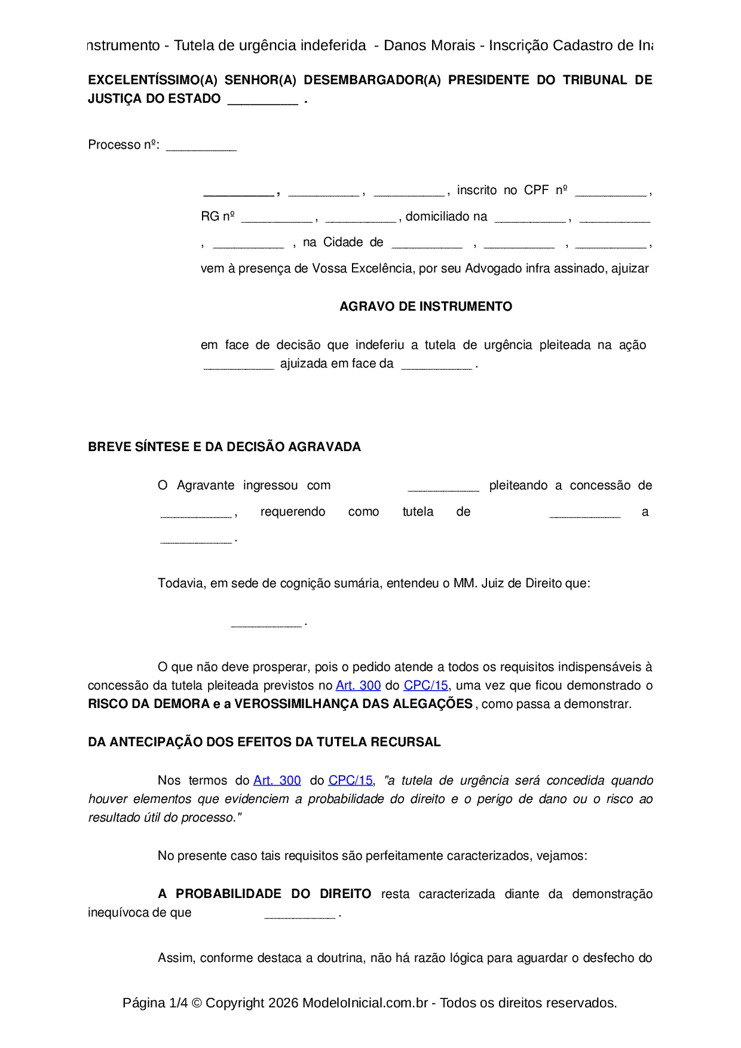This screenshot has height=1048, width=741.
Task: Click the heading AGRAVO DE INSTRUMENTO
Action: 425,307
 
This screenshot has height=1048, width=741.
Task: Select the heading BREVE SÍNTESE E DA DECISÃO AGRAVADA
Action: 224,447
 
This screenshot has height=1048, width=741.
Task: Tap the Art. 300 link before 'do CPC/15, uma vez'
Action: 358,685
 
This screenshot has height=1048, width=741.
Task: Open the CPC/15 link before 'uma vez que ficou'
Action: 425,685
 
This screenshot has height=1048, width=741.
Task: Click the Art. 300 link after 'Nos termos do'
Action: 277,780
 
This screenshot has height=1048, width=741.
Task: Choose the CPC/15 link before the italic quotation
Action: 350,780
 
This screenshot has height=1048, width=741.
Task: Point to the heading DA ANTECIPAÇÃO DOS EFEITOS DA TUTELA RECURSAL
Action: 264,742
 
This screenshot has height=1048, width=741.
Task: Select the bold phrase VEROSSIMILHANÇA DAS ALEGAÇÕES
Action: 353,704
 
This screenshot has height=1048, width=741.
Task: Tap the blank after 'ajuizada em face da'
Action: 436,365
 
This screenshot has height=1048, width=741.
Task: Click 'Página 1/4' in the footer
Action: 155,1003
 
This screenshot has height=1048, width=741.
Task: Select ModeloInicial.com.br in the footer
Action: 365,1003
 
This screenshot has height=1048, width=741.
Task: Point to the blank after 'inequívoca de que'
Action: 299,914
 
